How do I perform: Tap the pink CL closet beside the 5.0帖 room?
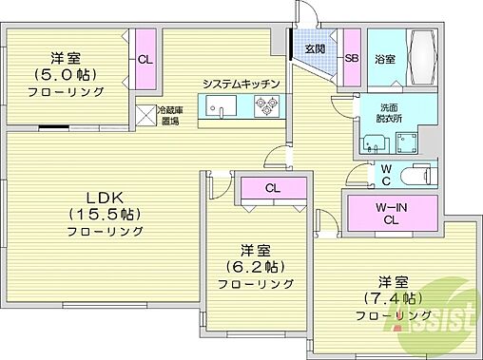pyautogui.click(x=145, y=60)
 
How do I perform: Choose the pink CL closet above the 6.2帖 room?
pyautogui.click(x=272, y=188)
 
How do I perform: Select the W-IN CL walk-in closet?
pyautogui.click(x=391, y=210)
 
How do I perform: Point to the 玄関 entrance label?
pyautogui.click(x=316, y=49)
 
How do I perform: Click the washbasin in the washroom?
pyautogui.click(x=374, y=145)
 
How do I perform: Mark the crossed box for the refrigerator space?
pyautogui.click(x=145, y=115)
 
